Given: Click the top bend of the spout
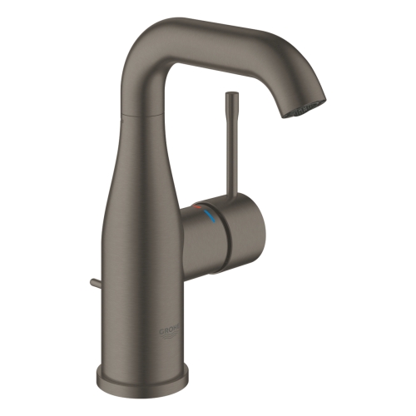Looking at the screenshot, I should (x=166, y=33).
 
